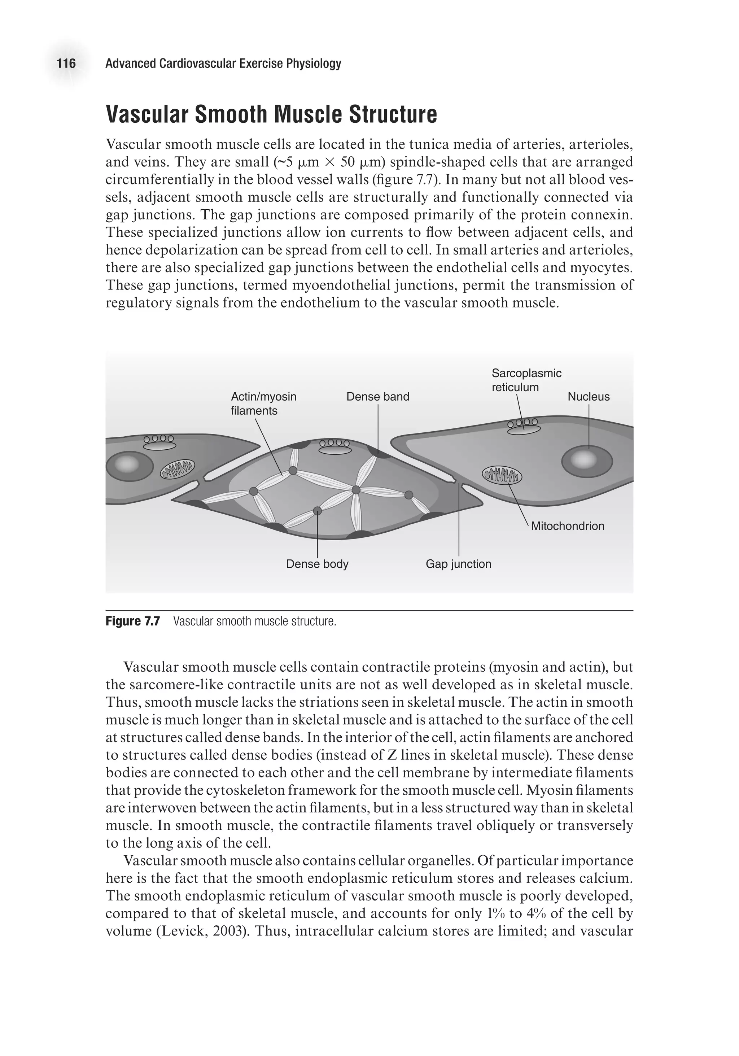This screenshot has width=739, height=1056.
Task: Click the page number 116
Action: (x=66, y=64)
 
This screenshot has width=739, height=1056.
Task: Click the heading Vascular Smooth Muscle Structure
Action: (x=271, y=114)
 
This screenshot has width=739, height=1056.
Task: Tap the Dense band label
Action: (x=377, y=397)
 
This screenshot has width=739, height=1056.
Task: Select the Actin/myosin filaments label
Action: (x=263, y=403)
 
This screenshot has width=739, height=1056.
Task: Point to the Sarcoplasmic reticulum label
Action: (x=526, y=380)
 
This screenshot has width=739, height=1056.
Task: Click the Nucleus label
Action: (x=588, y=397)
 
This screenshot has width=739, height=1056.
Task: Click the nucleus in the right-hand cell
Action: (x=587, y=461)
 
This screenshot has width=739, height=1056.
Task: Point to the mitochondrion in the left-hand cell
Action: (x=177, y=469)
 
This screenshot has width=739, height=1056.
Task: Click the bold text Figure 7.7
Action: (x=132, y=621)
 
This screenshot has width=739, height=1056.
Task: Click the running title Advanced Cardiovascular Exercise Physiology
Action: (x=223, y=64)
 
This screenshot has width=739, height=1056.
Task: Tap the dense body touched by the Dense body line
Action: (x=317, y=511)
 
